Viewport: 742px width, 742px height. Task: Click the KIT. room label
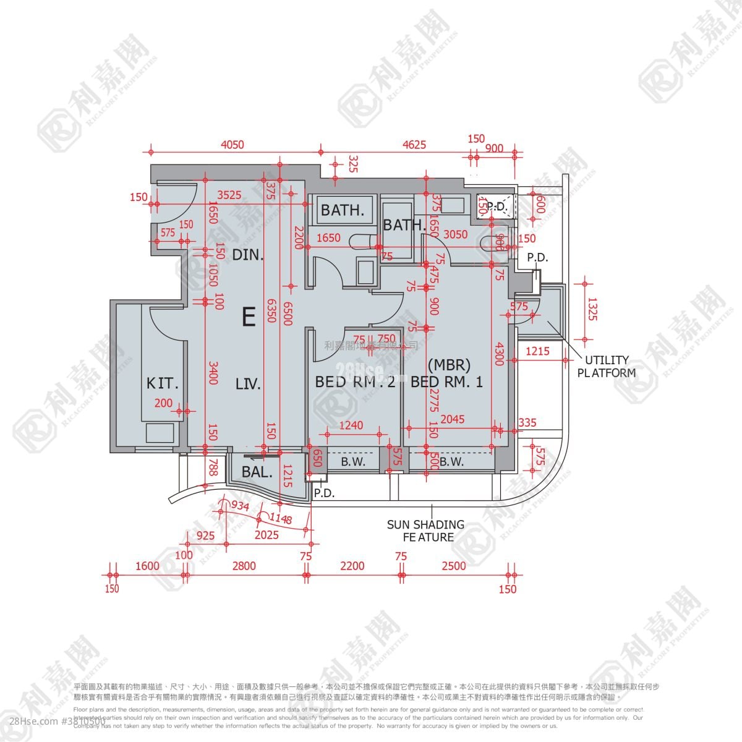click(162, 383)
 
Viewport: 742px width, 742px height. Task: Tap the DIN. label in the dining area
click(248, 254)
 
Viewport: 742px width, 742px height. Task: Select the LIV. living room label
click(248, 385)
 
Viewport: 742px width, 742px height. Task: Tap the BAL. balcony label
click(257, 473)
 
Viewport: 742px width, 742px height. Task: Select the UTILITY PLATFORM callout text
click(606, 366)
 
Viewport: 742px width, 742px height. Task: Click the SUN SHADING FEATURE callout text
click(425, 531)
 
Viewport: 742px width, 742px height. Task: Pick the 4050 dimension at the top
click(232, 145)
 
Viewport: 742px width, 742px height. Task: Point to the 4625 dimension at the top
click(414, 145)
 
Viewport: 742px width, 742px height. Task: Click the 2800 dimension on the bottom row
click(244, 566)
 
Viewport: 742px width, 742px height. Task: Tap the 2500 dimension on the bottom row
click(454, 566)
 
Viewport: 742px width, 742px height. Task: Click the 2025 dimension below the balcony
click(267, 535)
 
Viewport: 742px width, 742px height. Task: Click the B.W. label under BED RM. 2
click(354, 461)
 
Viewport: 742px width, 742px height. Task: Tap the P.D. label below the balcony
click(324, 493)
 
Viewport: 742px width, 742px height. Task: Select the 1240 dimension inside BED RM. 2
click(351, 425)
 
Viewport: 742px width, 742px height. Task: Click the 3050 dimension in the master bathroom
click(456, 234)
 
